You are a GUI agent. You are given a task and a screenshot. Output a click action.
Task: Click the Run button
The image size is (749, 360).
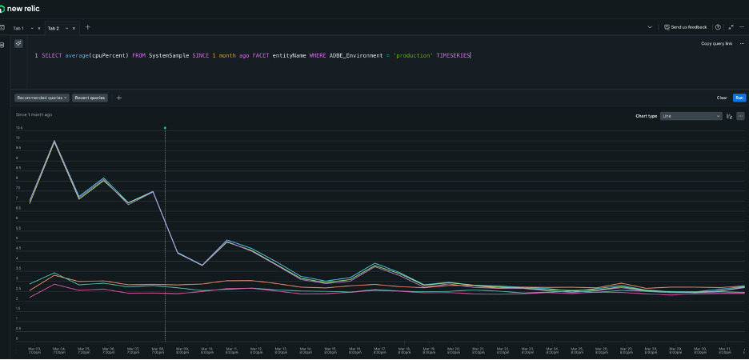click(x=739, y=98)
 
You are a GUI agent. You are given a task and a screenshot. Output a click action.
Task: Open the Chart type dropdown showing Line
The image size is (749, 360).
click(x=691, y=116)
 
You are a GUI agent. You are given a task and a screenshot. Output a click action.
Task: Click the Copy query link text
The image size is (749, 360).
click(x=716, y=43)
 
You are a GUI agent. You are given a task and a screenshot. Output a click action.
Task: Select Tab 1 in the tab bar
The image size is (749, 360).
click(x=18, y=28)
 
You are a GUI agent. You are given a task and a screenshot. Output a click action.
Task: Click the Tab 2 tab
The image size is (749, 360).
click(x=54, y=28)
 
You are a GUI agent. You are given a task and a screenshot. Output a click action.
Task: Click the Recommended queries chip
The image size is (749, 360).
click(x=42, y=98)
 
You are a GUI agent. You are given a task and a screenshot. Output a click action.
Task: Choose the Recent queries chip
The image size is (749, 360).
click(x=90, y=98)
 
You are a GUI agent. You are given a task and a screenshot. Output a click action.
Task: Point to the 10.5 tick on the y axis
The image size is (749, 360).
click(x=18, y=128)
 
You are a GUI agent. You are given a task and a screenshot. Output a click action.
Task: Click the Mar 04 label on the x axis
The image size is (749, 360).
click(x=58, y=350)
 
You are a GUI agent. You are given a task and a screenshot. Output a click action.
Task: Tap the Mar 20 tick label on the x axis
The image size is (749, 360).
click(x=453, y=350)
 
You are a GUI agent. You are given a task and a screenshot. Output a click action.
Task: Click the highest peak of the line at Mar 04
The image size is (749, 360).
click(x=54, y=142)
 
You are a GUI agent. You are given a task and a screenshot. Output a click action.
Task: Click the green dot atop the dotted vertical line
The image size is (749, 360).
click(x=165, y=128)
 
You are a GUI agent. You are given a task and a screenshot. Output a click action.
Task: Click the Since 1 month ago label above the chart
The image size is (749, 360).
click(x=34, y=114)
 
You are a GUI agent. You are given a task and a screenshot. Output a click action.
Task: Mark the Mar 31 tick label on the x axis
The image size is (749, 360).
click(x=724, y=350)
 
